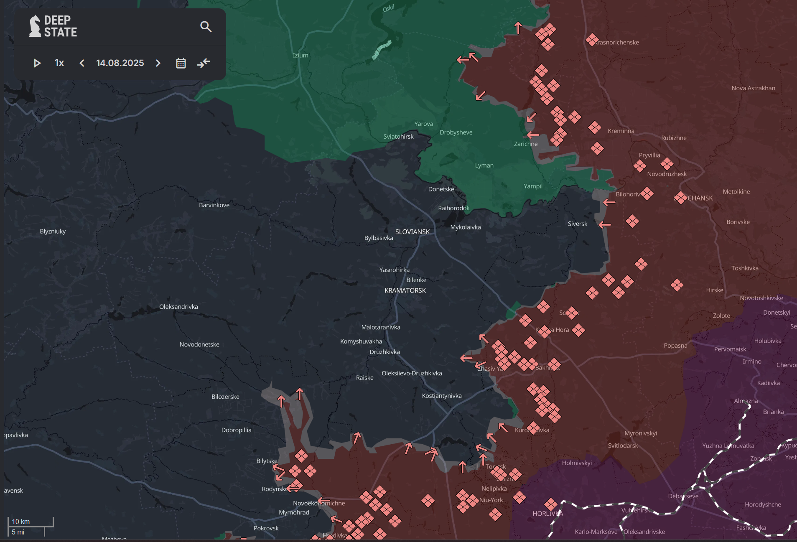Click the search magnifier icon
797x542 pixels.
206,27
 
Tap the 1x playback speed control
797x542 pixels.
59,63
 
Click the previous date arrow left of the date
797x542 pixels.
82,63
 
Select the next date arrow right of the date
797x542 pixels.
158,63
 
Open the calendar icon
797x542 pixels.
181,63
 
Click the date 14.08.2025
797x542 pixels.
120,63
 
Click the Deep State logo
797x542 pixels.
53,26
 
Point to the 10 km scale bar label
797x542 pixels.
21,522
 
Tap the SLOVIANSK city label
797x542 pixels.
412,232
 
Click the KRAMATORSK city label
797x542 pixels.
405,290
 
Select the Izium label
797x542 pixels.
300,55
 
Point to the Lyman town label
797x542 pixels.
484,165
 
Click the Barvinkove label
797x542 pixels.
214,205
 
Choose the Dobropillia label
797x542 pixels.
236,430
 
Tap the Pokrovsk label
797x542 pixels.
266,528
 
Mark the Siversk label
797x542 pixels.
577,224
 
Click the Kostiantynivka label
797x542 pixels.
441,396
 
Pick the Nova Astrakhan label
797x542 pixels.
753,88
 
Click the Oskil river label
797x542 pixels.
388,8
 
